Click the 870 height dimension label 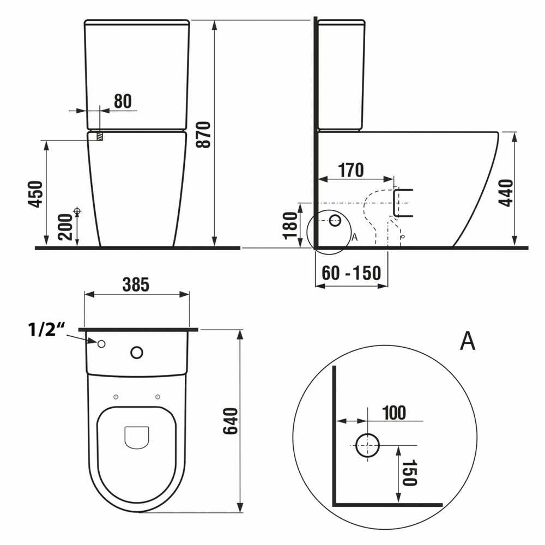(203, 135)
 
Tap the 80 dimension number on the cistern (123, 101)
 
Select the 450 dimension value (35, 194)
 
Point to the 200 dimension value (65, 227)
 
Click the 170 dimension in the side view (350, 170)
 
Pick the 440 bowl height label (506, 193)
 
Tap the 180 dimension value (290, 226)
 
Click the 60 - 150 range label (352, 273)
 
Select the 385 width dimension (136, 284)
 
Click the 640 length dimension (230, 421)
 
